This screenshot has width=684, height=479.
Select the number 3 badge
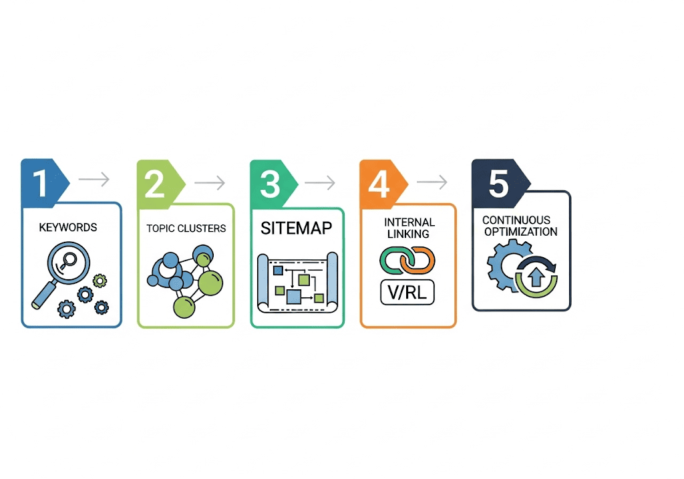[271, 182]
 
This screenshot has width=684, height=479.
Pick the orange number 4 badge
[379, 182]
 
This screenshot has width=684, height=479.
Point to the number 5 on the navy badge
[498, 182]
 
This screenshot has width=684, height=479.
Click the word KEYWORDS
[68, 227]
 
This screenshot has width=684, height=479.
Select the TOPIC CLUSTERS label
[186, 228]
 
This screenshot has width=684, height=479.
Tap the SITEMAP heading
[296, 228]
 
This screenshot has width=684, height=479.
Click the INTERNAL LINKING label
[409, 228]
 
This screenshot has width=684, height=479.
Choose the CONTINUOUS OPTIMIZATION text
[520, 226]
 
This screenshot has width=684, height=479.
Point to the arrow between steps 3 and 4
[320, 182]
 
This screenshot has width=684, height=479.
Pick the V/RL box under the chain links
[407, 292]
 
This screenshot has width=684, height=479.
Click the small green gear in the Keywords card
[100, 281]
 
